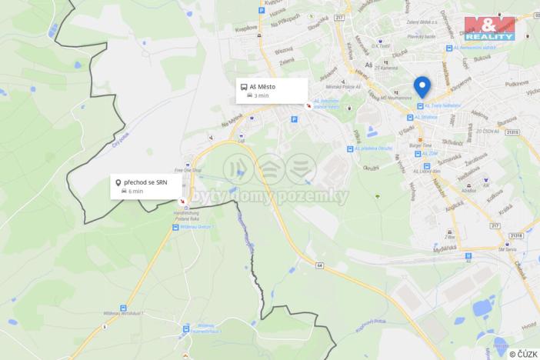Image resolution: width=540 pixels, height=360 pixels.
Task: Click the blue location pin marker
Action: tap(422, 86)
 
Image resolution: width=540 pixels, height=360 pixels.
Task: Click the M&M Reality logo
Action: tap(489, 28)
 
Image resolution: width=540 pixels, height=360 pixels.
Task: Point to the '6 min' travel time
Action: tap(135, 191)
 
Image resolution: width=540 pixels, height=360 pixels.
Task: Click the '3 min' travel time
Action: tap(262, 96)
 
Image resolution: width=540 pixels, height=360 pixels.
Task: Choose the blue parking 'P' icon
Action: tap(294, 119)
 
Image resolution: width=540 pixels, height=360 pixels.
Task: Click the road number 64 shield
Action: tap(318, 264)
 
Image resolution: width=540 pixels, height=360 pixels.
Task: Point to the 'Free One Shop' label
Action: tap(188, 171)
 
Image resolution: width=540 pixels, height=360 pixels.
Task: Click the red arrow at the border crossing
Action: tap(182, 202)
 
